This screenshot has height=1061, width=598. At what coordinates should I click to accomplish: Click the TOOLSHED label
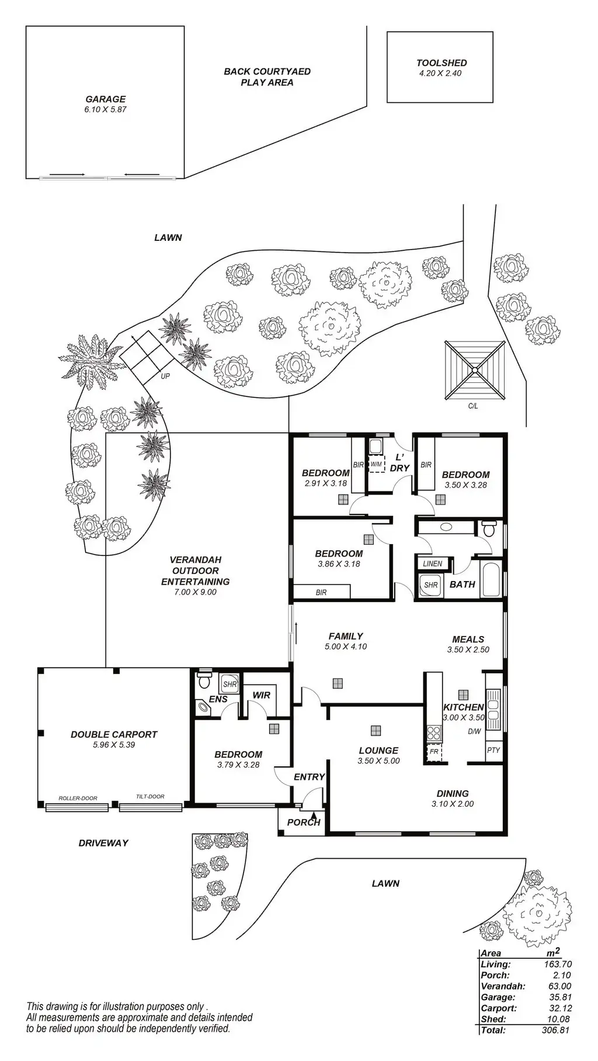[x=441, y=63]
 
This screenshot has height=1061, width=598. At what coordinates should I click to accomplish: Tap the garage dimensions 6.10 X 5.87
[x=105, y=109]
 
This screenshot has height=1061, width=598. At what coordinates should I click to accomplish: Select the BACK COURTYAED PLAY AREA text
[x=267, y=77]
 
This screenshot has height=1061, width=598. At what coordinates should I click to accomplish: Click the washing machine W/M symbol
[x=377, y=464]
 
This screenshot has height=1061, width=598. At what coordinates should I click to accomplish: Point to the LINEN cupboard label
[x=433, y=564]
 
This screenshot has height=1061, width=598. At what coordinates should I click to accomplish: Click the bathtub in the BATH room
[x=489, y=579]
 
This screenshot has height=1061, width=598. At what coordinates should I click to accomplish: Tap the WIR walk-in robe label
[x=261, y=695]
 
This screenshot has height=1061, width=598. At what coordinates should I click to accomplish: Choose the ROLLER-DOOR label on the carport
[x=78, y=798]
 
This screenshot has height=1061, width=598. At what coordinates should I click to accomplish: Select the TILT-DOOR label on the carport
[x=150, y=796]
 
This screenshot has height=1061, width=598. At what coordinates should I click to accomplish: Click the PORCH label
[x=304, y=822]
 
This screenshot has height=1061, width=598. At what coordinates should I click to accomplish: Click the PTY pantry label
[x=493, y=750]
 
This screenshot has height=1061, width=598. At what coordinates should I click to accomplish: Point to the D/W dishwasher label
[x=474, y=731]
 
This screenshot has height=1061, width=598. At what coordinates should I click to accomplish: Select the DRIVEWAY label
[x=103, y=843]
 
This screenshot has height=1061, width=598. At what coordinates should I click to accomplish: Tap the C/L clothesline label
[x=473, y=406]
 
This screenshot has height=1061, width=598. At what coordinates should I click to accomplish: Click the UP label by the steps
[x=165, y=376]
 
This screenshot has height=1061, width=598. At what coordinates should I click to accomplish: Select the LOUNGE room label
[x=378, y=750]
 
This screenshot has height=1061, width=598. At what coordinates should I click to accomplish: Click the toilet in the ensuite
[x=204, y=680]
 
